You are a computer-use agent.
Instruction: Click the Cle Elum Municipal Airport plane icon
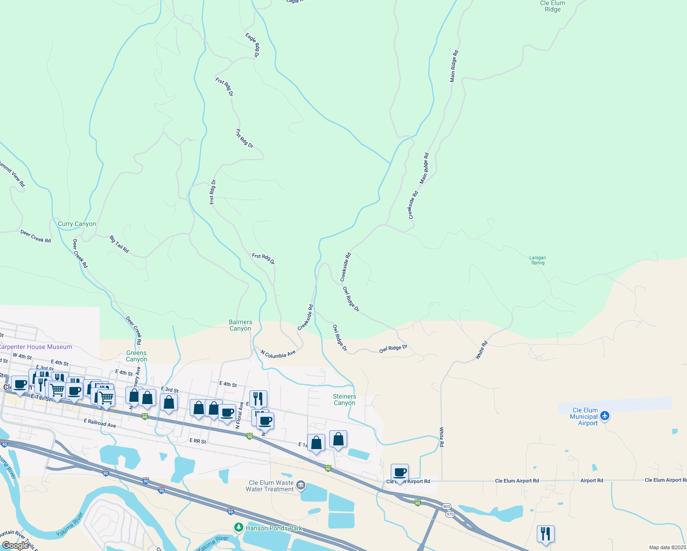pyautogui.click(x=605, y=416)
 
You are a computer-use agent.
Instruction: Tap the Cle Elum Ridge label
pyautogui.click(x=552, y=6)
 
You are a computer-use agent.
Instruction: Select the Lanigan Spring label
pyautogui.click(x=537, y=260)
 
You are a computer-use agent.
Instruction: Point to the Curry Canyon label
pyautogui.click(x=77, y=224)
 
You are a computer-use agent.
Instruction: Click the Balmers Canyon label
pyautogui.click(x=240, y=325)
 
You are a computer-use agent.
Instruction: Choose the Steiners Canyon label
pyautogui.click(x=344, y=399)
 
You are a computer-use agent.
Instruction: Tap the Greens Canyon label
pyautogui.click(x=136, y=356)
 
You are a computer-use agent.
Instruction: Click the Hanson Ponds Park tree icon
pyautogui.click(x=238, y=527)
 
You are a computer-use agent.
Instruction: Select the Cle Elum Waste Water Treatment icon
pyautogui.click(x=301, y=485)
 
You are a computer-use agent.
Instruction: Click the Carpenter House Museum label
pyautogui.click(x=36, y=347)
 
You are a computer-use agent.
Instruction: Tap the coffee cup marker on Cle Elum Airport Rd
pyautogui.click(x=400, y=472)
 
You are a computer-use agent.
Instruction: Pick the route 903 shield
pyautogui.click(x=446, y=506)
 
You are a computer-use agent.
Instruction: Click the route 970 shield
pyautogui.click(x=450, y=514)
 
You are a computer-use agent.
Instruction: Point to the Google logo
pyautogui.click(x=15, y=545)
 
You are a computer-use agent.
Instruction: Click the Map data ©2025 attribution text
pyautogui.click(x=667, y=547)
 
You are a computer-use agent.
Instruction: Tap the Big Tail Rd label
pyautogui.click(x=119, y=244)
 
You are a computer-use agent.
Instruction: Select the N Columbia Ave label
pyautogui.click(x=278, y=354)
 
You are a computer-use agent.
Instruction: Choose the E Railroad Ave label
pyautogui.click(x=100, y=423)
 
